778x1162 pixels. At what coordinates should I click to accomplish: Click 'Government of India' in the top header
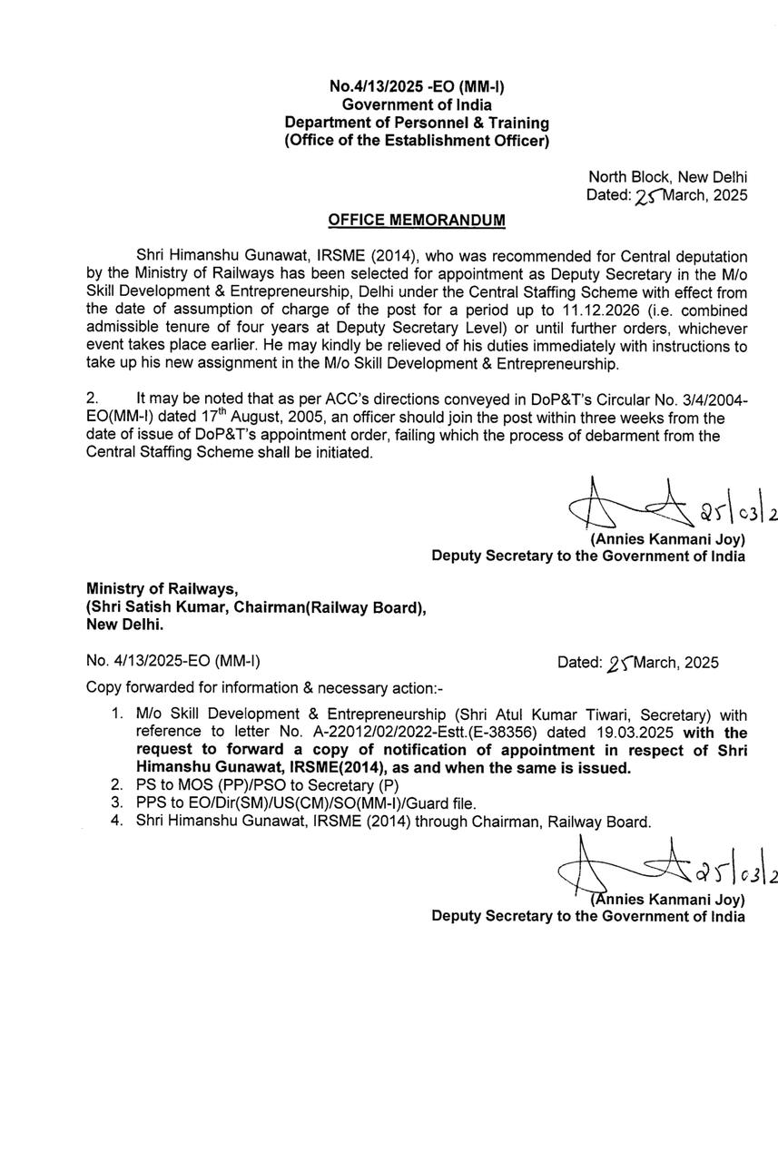417,104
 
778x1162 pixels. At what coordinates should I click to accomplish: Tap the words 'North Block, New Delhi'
668,177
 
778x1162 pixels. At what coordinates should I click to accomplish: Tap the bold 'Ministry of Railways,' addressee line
162,589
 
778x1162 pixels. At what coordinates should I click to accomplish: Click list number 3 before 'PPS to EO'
116,803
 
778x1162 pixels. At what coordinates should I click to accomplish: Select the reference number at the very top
417,86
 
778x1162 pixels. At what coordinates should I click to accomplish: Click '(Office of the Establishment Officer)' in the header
417,141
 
